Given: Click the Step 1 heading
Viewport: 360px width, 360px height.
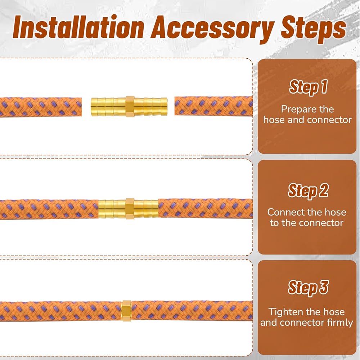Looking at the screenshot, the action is [308, 87].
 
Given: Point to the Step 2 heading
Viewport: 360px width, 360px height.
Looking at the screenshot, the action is [308, 190].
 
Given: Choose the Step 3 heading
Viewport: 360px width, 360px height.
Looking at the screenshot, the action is [308, 287].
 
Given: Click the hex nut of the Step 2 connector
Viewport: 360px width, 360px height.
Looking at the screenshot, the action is [130, 208].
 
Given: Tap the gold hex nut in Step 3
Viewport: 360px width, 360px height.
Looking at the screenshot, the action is [126, 310].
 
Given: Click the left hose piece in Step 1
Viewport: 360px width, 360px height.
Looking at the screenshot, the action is [41, 107].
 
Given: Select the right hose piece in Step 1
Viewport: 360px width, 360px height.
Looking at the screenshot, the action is [213, 106].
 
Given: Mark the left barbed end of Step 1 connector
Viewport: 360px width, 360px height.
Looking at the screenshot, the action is [108, 107].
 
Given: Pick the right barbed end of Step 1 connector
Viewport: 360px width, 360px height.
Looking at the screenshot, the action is [151, 107].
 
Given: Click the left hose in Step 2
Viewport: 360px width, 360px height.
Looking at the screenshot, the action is [49, 209].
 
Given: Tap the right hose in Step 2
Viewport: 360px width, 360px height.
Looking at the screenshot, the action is [206, 208].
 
